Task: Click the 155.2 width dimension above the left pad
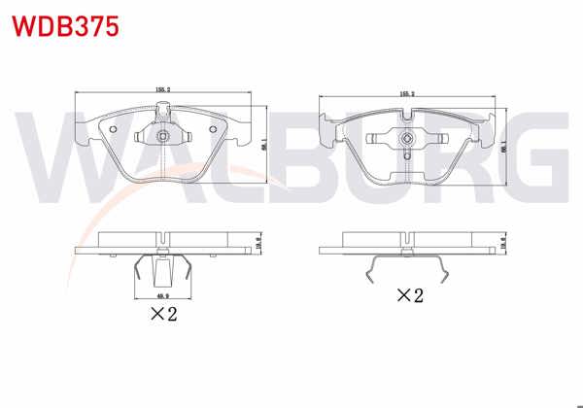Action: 162,89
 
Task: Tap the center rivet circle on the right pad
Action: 406,140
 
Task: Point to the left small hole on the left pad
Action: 113,131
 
